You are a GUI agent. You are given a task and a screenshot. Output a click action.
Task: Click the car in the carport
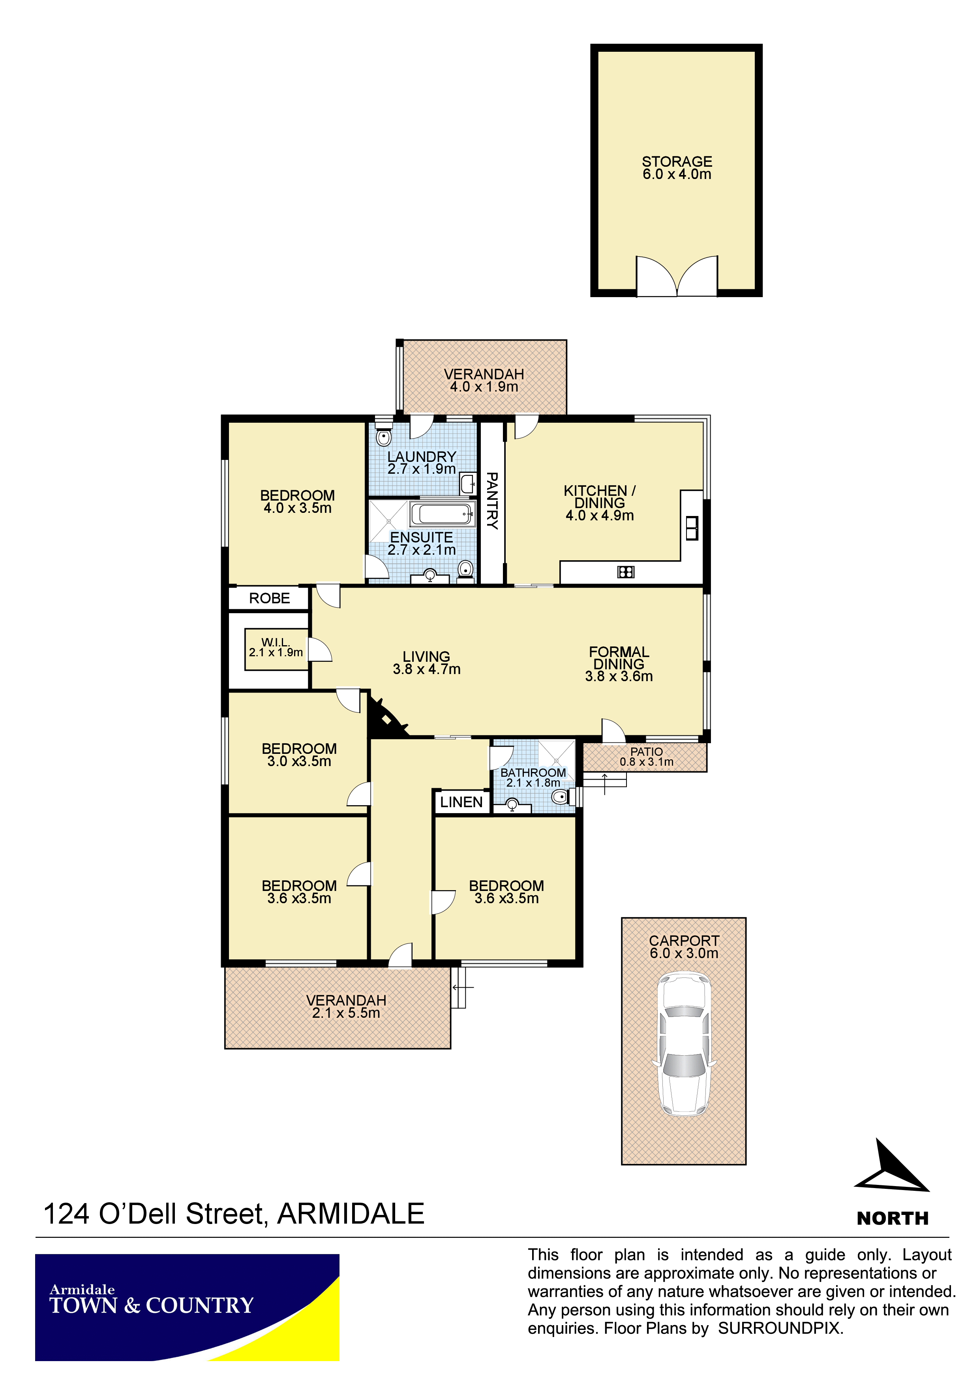coord(684,1044)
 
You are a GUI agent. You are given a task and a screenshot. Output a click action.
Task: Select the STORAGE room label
coord(677,162)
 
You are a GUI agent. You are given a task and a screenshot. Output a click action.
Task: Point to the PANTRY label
coord(492,501)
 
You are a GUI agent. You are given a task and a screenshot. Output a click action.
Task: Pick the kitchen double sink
coord(692,528)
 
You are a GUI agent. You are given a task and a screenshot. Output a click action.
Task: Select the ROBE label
coord(270,598)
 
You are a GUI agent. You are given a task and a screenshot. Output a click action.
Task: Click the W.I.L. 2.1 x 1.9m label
coord(276,647)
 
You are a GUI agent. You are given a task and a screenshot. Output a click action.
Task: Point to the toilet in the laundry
coord(383,435)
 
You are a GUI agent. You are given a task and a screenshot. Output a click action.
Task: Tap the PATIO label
coord(647,751)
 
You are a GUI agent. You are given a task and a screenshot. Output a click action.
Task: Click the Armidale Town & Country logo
coord(187,1307)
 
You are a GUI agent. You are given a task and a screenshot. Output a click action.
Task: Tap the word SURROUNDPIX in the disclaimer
coord(780,1328)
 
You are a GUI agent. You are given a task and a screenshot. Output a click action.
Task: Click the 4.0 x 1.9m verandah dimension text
coord(484,387)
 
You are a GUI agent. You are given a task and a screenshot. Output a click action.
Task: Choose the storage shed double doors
coord(677,277)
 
